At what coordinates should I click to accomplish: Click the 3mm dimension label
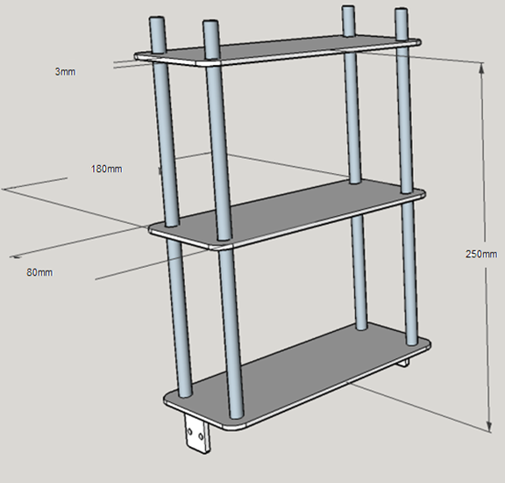[66, 72]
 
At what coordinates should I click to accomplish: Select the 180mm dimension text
[107, 169]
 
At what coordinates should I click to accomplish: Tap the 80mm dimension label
[39, 272]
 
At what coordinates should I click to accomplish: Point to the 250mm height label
[481, 254]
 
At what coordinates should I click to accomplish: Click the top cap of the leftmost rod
[157, 19]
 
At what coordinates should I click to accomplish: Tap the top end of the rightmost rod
[401, 11]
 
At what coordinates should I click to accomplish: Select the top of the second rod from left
[210, 23]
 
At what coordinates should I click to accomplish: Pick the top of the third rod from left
[348, 8]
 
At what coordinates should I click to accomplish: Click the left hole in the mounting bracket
[189, 431]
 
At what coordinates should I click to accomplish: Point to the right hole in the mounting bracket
[201, 436]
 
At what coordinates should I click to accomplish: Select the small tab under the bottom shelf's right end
[404, 363]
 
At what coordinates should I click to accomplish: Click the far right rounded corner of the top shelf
[417, 42]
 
